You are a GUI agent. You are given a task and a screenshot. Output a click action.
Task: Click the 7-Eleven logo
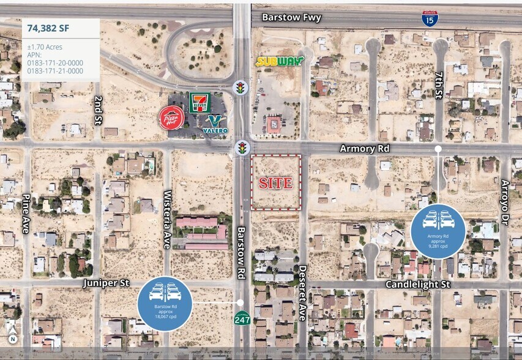199,102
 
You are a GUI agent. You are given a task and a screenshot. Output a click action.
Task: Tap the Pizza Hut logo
171,118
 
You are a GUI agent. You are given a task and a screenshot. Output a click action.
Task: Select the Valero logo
215,124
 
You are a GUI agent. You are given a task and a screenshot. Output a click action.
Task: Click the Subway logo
280,61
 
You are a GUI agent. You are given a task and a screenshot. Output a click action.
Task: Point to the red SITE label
275,183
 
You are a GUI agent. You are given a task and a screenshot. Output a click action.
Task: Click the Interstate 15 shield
430,18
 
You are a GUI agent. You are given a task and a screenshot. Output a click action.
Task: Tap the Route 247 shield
241,320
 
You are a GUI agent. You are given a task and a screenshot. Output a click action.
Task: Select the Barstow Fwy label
292,18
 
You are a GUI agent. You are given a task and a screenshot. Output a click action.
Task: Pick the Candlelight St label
418,285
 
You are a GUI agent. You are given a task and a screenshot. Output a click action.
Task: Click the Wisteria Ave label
166,211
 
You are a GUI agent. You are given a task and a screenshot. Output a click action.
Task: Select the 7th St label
438,86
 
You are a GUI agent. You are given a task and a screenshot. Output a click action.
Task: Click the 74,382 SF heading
50,28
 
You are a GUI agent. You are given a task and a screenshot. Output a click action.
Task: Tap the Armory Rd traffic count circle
438,231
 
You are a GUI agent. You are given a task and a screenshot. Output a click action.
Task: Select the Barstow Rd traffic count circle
166,303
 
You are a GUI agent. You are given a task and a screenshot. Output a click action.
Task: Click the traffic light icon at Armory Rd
242,148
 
